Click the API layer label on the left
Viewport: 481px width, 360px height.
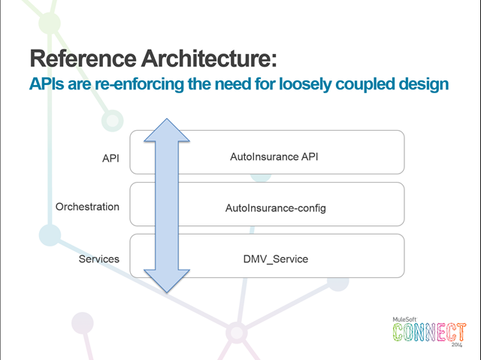tap(110, 159)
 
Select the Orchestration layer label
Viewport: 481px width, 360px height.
tap(87, 207)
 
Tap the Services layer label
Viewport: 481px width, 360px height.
tap(99, 259)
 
